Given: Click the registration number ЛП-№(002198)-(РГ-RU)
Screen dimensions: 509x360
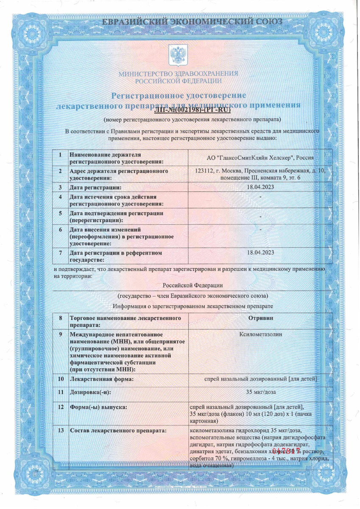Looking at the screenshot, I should (x=192, y=110).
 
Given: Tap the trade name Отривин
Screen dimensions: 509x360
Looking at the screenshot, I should (x=260, y=318).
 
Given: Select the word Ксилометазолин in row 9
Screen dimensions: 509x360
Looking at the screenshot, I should (x=260, y=334).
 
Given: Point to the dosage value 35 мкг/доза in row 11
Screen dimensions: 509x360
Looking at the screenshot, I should (x=260, y=392).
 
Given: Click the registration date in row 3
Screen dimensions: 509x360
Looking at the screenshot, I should (x=260, y=187).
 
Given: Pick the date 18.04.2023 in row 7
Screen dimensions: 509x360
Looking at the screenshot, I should (x=260, y=252).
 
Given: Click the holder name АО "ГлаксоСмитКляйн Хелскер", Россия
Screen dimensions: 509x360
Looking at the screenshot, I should (x=260, y=158).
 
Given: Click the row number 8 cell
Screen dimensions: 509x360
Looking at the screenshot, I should (x=60, y=318).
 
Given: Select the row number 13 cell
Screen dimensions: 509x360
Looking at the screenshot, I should (x=60, y=431).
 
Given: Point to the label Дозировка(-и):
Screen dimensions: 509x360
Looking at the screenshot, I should (x=91, y=393).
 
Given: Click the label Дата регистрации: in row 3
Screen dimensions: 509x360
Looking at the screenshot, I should (x=95, y=187).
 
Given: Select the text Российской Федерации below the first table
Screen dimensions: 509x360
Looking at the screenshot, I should (x=193, y=285).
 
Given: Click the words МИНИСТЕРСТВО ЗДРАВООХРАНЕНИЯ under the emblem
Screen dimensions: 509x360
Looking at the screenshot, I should (x=178, y=73).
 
